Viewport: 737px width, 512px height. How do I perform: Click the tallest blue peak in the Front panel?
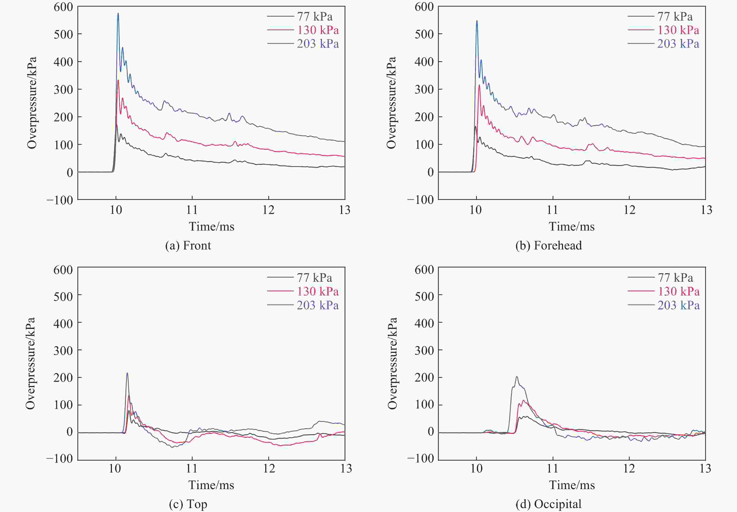pyautogui.click(x=118, y=14)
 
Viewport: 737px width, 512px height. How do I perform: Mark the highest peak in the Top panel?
pyautogui.click(x=127, y=373)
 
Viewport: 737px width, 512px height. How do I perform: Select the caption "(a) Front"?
pyautogui.click(x=188, y=245)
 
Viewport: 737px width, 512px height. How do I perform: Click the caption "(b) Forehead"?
pyautogui.click(x=549, y=245)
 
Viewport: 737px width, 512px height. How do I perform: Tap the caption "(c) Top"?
pyautogui.click(x=188, y=504)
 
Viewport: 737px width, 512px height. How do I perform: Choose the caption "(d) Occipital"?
pyautogui.click(x=549, y=504)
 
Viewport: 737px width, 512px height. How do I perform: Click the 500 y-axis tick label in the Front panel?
pyautogui.click(x=63, y=34)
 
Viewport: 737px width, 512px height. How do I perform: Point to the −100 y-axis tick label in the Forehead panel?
pyautogui.click(x=420, y=200)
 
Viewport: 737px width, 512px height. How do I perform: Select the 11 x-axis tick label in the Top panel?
pyautogui.click(x=192, y=469)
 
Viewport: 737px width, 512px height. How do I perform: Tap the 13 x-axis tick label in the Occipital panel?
pyautogui.click(x=705, y=469)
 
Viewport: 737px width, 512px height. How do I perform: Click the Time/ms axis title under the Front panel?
pyautogui.click(x=211, y=227)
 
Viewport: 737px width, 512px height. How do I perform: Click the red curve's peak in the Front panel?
pyautogui.click(x=118, y=80)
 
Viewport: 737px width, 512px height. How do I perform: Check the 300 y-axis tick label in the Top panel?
pyautogui.click(x=63, y=350)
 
